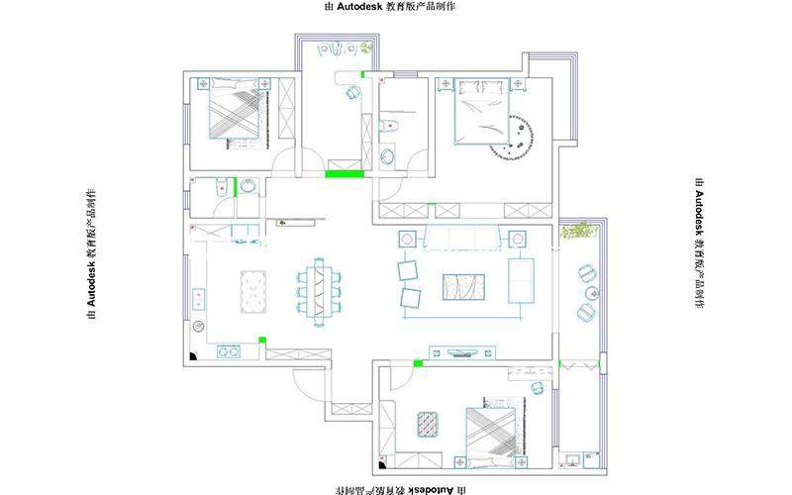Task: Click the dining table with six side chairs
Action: [x=319, y=292]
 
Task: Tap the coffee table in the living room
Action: [x=463, y=287]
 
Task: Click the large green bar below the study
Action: [x=345, y=174]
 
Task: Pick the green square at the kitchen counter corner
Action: [x=262, y=340]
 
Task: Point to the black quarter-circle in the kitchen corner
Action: [x=193, y=356]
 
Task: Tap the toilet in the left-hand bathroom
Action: [x=221, y=186]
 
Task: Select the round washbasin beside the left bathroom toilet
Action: [x=247, y=186]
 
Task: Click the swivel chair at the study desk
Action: [x=352, y=92]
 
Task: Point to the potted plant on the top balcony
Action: [x=366, y=48]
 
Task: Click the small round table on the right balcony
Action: [x=592, y=293]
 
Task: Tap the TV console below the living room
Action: [x=462, y=352]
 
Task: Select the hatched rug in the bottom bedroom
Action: [x=428, y=425]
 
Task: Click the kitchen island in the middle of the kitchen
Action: [x=253, y=292]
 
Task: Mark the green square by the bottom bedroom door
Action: [x=418, y=363]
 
